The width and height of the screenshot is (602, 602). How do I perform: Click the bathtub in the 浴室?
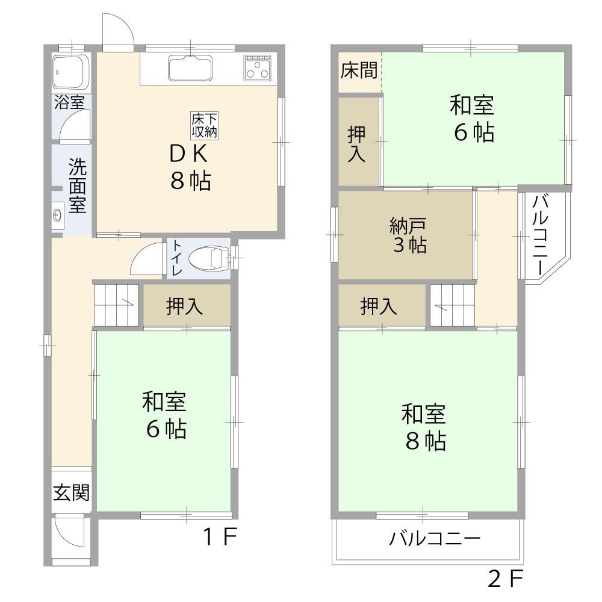coord(72,72)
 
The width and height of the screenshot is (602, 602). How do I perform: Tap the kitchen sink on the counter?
coord(190,68)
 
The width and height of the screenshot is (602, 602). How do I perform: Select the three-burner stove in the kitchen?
coord(257,68)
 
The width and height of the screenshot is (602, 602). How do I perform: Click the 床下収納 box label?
coord(205,126)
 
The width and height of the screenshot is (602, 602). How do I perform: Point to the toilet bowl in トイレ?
coord(209,257)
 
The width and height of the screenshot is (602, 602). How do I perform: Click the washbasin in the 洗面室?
coord(58,216)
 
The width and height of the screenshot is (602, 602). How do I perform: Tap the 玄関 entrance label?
coord(72,492)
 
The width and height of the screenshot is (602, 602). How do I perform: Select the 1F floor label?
coord(220,536)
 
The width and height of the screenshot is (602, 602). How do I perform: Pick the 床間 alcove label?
coord(359,70)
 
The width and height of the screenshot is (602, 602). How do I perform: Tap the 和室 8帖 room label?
coord(424,427)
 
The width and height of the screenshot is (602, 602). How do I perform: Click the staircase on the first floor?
coord(116,306)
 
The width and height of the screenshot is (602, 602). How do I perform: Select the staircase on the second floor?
coord(452,306)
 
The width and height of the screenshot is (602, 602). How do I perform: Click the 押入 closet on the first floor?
coord(187,306)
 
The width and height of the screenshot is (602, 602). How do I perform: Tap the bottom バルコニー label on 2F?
coord(435,538)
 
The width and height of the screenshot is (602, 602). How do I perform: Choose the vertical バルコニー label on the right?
coord(540,235)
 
